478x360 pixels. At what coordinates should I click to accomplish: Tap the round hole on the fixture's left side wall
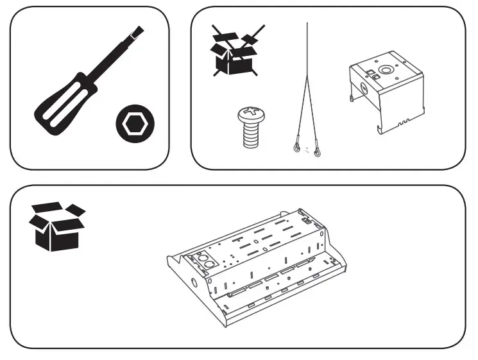(194, 282)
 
